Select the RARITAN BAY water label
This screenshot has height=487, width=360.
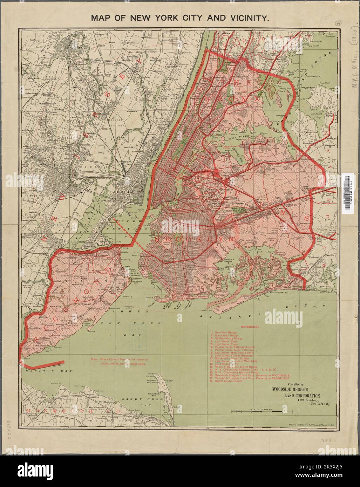[39, 370]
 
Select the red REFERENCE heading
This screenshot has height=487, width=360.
[250, 327]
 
